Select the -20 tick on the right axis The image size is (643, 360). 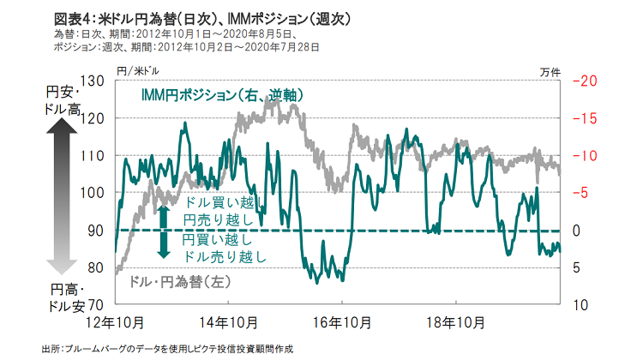(582, 81)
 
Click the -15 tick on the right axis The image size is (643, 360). (582, 118)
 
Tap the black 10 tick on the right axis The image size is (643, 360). (579, 304)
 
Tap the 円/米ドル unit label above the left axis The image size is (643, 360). (132, 69)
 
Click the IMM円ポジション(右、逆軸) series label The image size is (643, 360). (223, 95)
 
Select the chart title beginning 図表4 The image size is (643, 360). (201, 18)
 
